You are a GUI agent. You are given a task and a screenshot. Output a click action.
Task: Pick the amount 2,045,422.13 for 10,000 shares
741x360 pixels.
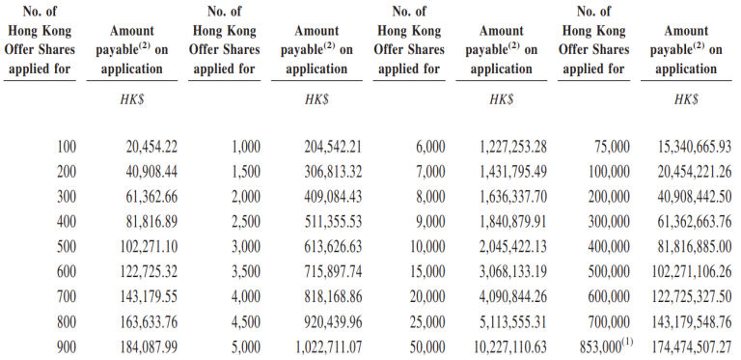pos(511,245)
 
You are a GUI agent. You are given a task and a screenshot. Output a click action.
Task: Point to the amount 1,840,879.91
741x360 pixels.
pos(511,221)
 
